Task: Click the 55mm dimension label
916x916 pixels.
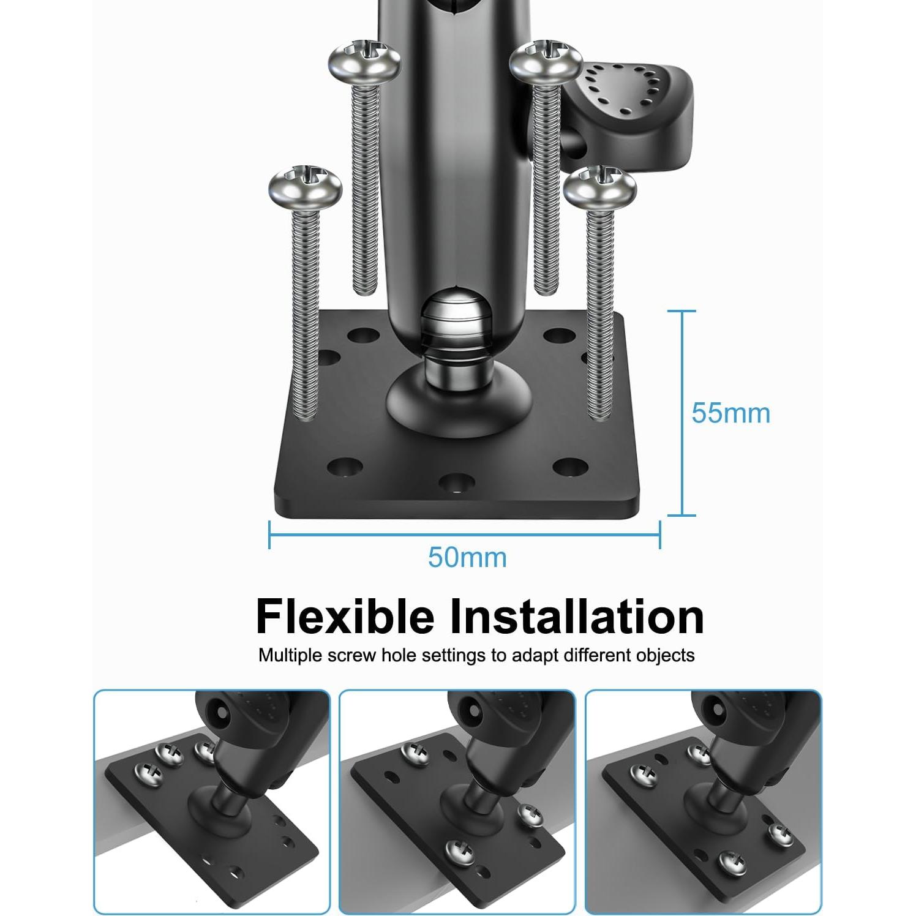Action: [x=730, y=413]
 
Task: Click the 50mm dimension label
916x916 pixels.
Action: [x=467, y=558]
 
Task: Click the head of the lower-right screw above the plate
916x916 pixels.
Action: [x=599, y=187]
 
